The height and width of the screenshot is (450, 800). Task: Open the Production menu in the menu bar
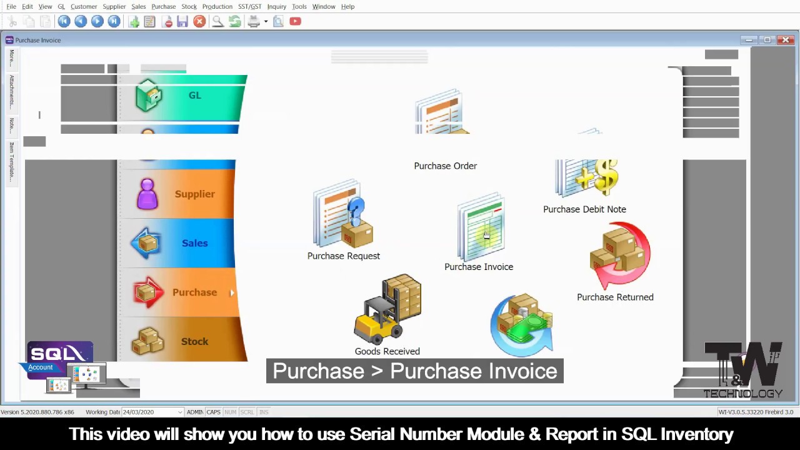217,6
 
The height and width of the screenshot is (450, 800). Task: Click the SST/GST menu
249,6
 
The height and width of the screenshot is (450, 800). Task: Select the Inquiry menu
276,6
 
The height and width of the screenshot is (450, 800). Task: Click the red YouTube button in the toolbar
295,21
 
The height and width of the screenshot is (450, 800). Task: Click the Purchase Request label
343,256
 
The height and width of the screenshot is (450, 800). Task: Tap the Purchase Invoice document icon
481,228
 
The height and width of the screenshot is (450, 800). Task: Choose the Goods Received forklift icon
388,309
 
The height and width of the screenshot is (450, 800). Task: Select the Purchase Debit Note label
584,209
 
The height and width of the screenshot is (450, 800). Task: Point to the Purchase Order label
445,166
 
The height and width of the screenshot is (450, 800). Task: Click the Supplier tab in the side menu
181,194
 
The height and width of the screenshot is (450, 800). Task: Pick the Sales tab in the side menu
181,243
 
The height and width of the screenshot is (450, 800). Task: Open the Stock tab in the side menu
181,341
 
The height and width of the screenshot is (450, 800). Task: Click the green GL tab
187,96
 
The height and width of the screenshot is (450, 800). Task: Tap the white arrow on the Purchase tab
232,292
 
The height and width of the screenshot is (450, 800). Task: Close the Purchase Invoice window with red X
786,40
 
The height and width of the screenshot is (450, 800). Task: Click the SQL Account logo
59,358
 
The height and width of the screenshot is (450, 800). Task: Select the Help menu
347,6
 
